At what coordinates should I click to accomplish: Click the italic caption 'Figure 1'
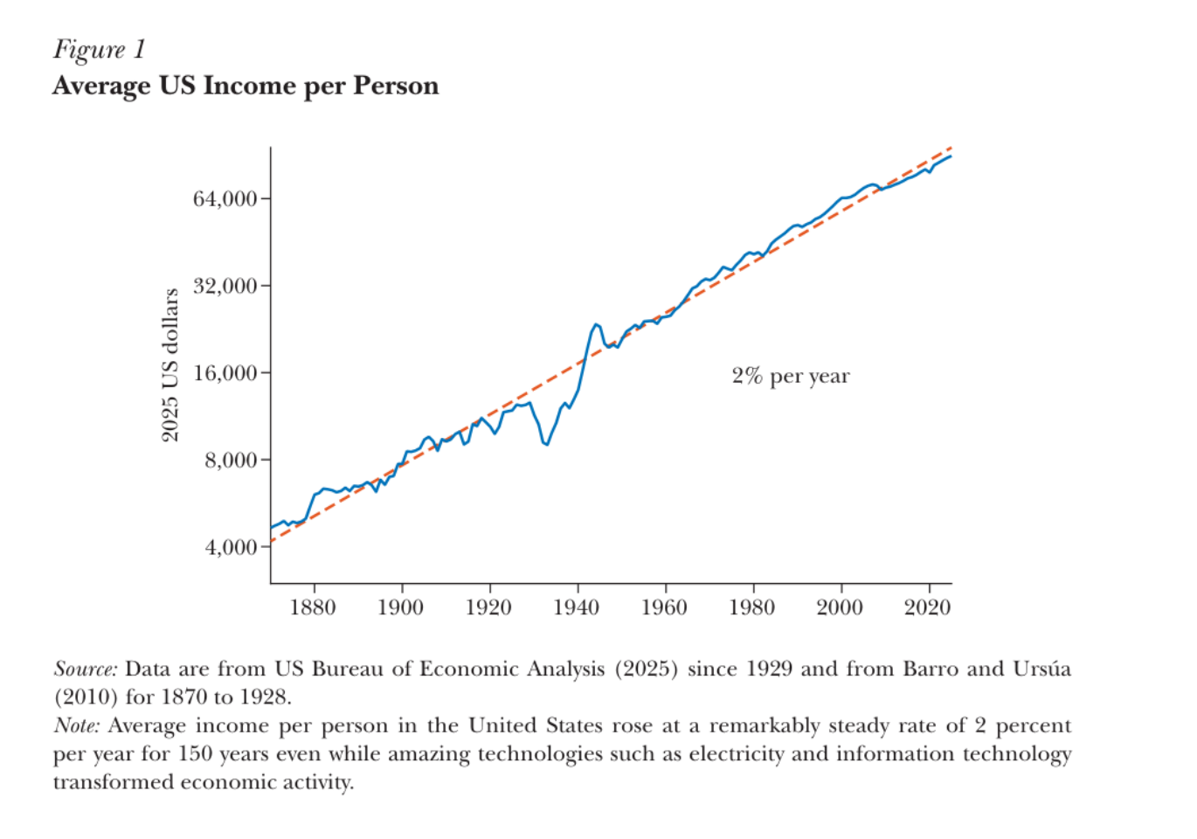click(99, 51)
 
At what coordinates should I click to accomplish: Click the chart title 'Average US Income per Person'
click(246, 87)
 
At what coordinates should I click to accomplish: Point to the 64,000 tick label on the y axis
click(225, 198)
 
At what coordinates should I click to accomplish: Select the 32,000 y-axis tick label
click(225, 286)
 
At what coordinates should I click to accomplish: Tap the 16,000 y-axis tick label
click(225, 373)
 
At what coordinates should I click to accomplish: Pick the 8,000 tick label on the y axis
click(231, 460)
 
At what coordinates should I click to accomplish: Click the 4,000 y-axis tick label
click(231, 547)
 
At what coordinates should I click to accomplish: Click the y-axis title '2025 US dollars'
click(170, 365)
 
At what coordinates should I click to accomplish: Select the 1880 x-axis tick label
click(313, 607)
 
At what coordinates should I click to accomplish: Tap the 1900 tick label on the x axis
click(400, 607)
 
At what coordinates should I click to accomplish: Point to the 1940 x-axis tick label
click(576, 607)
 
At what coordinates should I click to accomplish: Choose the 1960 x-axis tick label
click(664, 607)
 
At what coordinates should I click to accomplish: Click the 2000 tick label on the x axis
click(840, 607)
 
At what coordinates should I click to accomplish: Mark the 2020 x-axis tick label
click(927, 607)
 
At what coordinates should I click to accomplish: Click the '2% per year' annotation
click(791, 377)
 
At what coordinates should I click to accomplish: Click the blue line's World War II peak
click(595, 324)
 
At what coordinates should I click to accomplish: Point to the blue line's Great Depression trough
click(546, 444)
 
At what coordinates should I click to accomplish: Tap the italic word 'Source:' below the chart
click(86, 669)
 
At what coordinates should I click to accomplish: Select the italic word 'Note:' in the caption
click(77, 725)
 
